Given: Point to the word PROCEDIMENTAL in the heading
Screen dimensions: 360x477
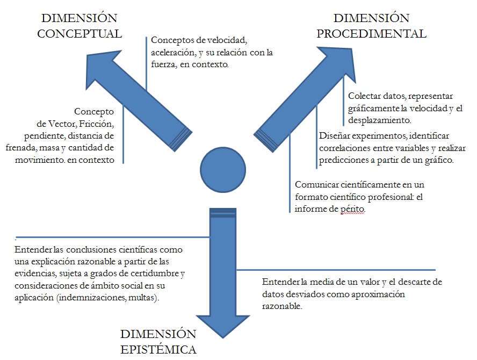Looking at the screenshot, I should [x=372, y=33].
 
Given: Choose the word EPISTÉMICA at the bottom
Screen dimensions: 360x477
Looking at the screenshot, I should [x=158, y=350].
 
